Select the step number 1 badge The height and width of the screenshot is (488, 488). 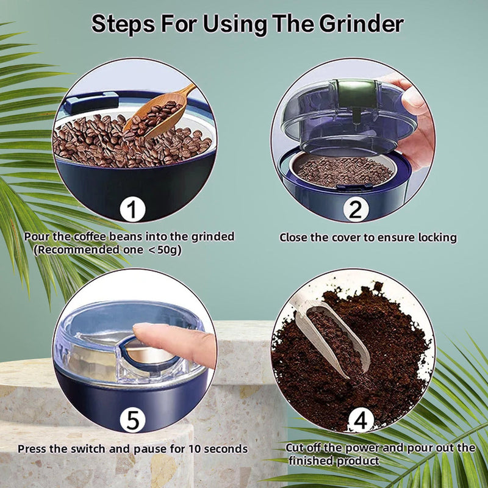click(131, 210)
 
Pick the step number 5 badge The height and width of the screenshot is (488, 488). click(131, 420)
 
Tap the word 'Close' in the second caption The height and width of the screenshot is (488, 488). click(294, 237)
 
